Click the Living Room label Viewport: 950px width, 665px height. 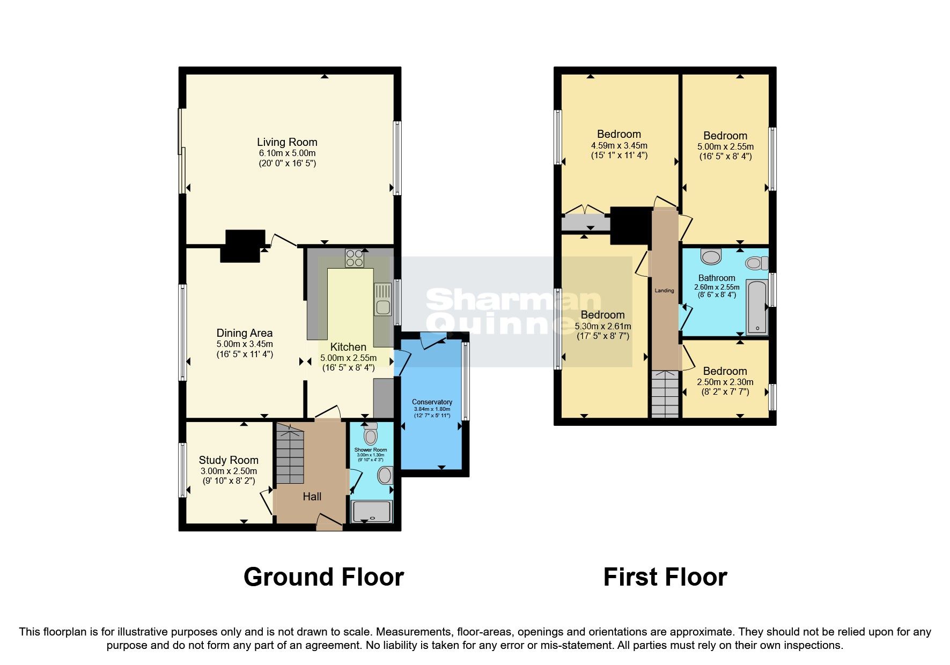[287, 142]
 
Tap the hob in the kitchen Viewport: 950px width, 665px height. [354, 258]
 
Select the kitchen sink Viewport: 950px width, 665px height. [383, 299]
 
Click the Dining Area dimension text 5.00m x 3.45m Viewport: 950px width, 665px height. [245, 344]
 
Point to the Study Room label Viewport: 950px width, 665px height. [229, 460]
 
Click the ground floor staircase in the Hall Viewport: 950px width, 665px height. [290, 453]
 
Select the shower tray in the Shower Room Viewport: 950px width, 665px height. [372, 512]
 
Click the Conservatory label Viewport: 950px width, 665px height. [432, 402]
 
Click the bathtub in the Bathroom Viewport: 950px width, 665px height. [756, 307]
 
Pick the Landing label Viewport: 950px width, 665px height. [664, 291]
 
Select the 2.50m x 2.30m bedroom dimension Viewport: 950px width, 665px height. [725, 382]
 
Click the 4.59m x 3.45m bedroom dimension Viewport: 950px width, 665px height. [619, 145]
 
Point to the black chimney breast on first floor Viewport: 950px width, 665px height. [631, 224]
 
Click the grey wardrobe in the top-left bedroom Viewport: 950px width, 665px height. [585, 223]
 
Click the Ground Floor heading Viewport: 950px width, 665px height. [323, 577]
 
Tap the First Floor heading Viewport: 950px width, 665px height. [665, 577]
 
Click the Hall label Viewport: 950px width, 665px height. [312, 497]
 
